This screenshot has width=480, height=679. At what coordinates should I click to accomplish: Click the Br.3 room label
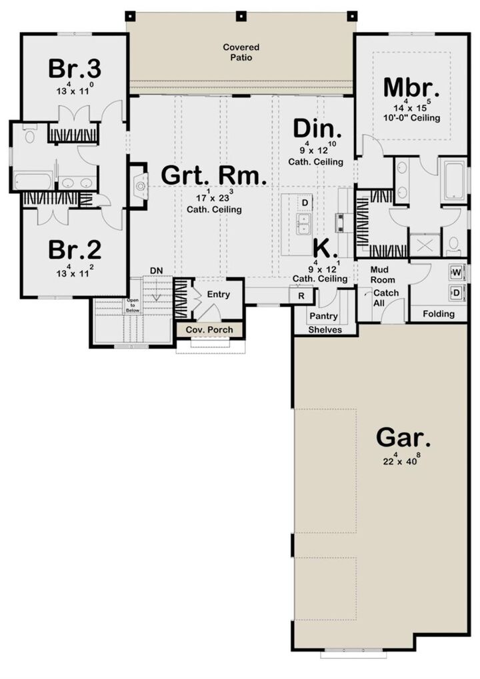pos(74,69)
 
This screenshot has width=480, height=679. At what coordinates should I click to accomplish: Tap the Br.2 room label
pos(74,249)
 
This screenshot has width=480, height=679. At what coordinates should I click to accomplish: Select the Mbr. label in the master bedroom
pos(411,87)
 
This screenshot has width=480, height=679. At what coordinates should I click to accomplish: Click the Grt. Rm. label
pos(215,177)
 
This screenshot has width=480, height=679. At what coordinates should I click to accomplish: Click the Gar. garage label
pos(403,438)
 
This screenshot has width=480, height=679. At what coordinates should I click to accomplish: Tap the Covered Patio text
pos(241,53)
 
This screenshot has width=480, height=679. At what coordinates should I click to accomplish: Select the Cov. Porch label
pos(209,330)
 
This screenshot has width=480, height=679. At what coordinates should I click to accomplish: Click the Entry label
pos(218,294)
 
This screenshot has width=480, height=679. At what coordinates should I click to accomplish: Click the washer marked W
pos(457,273)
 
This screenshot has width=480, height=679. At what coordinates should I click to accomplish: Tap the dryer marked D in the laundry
pos(457,292)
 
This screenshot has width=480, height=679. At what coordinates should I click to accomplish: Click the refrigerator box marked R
pos(301,295)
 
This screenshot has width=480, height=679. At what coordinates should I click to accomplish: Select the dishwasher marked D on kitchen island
pos(305,202)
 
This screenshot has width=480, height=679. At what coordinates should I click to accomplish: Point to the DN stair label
pos(156,269)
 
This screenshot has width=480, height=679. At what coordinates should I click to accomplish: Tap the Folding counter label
pos(439,314)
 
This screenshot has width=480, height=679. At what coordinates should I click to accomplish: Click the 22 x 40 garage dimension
pos(403,460)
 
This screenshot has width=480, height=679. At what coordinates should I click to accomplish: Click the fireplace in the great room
pos(139,187)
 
